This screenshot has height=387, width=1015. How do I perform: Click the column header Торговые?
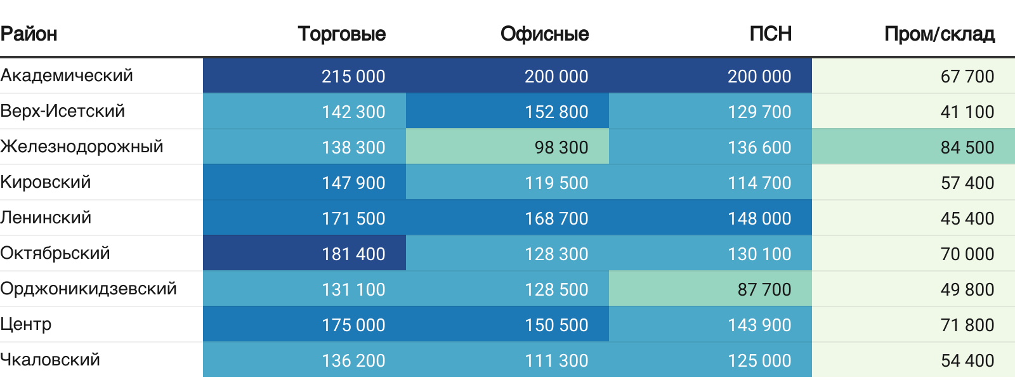click(x=341, y=34)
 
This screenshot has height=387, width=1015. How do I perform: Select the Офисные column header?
click(x=544, y=34)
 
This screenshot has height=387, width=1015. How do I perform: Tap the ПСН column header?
click(x=770, y=34)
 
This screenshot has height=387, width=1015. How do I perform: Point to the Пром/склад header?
click(x=939, y=34)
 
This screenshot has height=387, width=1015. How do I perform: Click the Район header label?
click(x=29, y=34)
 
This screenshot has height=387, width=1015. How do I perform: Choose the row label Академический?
click(x=67, y=75)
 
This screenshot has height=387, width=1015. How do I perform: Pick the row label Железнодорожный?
click(x=82, y=147)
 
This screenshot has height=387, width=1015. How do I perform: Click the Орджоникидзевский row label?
click(x=88, y=289)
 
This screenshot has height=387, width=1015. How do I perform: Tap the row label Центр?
click(x=26, y=324)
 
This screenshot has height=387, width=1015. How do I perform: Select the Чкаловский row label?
click(x=50, y=360)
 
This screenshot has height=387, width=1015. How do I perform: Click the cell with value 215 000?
click(x=353, y=76)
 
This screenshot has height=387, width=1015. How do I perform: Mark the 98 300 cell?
click(x=561, y=147)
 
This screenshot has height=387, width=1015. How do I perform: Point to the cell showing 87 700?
click(x=764, y=289)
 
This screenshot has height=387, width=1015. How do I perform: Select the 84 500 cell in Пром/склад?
click(x=967, y=147)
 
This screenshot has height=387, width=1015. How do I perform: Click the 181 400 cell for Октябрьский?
click(x=353, y=254)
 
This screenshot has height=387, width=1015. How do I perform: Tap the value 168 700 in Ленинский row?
click(x=556, y=218)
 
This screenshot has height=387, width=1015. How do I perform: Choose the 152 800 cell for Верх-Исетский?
click(x=556, y=112)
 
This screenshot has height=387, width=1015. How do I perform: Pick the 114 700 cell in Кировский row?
click(x=759, y=183)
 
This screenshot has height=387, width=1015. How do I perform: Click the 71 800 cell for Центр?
click(x=967, y=325)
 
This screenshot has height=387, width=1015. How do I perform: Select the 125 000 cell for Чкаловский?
click(x=759, y=360)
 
